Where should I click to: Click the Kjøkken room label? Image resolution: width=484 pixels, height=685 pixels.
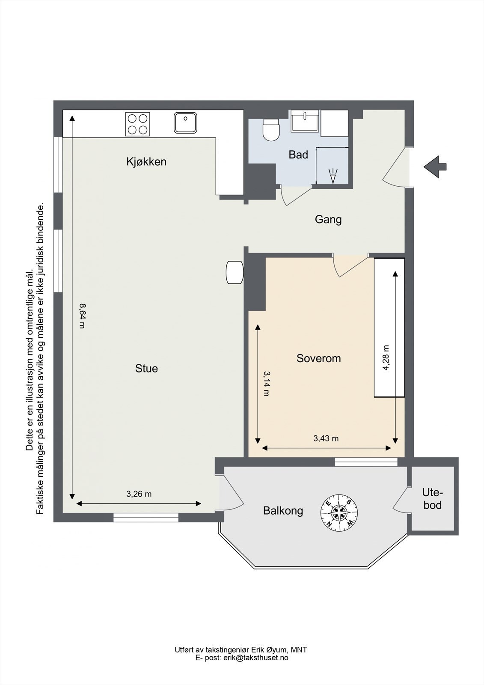146,162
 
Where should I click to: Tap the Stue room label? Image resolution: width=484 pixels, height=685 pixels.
146,369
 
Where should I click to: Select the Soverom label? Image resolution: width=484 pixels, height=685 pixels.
318,358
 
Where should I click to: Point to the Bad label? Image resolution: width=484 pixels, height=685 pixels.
298,155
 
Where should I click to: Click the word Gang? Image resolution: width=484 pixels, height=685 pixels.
328,220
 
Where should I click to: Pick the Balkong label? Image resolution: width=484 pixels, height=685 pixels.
283,511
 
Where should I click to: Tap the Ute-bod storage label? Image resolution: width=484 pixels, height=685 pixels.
433,499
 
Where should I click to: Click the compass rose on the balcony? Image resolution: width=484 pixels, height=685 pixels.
339,512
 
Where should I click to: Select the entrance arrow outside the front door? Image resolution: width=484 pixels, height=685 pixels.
435,167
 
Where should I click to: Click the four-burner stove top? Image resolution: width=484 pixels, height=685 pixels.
138,124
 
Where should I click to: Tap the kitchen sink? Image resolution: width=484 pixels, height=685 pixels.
185,122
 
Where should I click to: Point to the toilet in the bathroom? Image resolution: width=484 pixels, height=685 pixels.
271,130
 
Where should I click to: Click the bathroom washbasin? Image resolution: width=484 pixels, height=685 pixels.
305,121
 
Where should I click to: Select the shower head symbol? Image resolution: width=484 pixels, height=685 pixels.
333,176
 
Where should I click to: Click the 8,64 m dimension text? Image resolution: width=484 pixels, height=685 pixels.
82,316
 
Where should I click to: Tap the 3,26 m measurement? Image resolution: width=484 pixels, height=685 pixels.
139,494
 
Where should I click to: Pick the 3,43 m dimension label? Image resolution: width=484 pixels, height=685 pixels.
326,438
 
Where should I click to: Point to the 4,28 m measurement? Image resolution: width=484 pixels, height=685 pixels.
386,357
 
